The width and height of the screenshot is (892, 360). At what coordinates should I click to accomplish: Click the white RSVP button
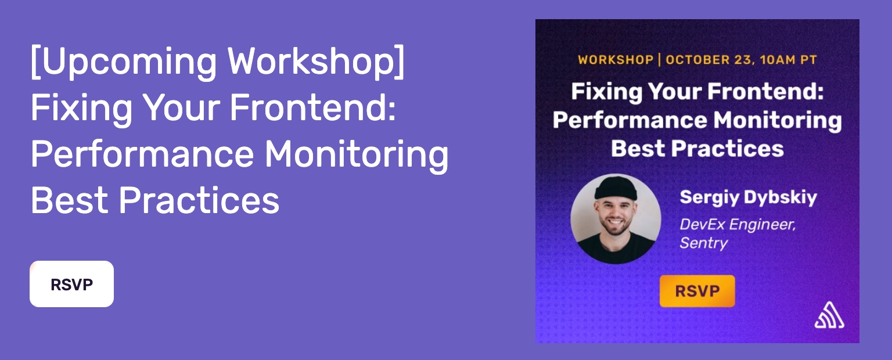pos(71,284)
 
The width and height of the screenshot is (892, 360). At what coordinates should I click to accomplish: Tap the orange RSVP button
pos(697,291)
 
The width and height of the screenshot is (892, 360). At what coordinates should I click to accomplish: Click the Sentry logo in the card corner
pos(829,315)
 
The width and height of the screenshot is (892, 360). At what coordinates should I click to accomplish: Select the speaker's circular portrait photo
pos(616,219)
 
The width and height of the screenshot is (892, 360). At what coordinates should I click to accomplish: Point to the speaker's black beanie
pos(616,188)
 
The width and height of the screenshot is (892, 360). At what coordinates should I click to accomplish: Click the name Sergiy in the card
pos(709,198)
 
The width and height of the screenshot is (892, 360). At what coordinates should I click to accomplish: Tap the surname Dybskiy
pos(780,198)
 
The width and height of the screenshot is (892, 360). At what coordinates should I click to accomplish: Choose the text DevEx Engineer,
pos(738,225)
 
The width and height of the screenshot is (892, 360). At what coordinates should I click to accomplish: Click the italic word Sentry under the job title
pos(704,243)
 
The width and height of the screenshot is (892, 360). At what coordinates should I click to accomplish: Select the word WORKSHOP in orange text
pos(616,60)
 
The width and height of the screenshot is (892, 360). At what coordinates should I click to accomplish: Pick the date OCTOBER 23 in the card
pos(709,60)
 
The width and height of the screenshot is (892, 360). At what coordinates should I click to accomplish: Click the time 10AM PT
pos(789,60)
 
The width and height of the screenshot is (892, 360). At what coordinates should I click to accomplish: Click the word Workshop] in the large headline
pos(316,62)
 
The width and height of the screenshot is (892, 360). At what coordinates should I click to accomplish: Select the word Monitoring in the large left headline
pos(357,155)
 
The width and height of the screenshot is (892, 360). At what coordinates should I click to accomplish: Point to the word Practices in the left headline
pos(199,200)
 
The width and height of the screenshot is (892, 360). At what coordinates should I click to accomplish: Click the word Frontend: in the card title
pos(765,91)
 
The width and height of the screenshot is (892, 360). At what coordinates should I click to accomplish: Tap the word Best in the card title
pos(638,149)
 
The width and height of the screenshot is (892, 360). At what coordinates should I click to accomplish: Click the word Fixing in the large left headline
pos(81,109)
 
